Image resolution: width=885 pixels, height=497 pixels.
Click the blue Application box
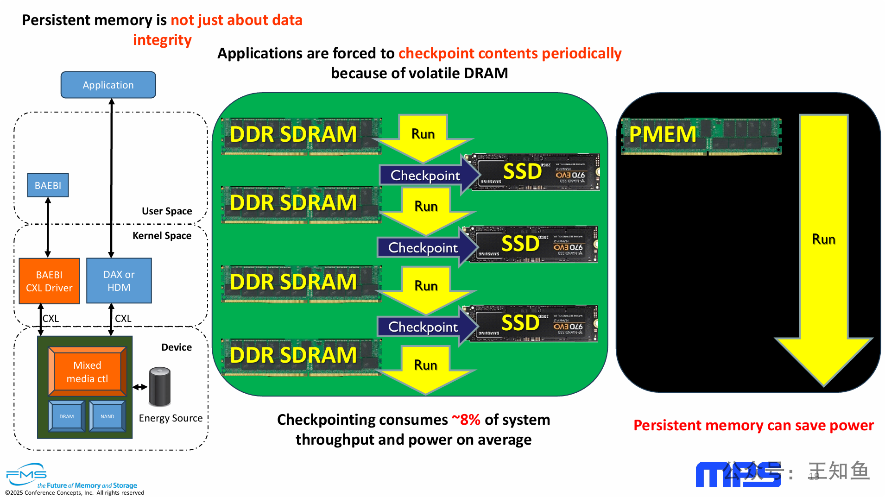point(108,85)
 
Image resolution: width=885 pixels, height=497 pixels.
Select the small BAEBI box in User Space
point(48,185)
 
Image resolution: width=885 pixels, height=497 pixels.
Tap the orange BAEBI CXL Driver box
point(49,281)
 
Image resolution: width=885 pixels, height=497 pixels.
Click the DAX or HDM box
point(119,281)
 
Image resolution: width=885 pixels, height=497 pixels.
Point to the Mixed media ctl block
point(87,371)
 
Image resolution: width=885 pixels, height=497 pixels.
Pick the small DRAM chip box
point(67,416)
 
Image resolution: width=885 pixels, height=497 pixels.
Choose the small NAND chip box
point(107,416)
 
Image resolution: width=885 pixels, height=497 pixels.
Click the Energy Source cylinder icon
point(160,386)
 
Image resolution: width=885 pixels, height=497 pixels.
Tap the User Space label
point(167,211)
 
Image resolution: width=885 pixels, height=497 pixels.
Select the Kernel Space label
point(162,236)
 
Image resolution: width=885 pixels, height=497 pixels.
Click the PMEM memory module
point(701,135)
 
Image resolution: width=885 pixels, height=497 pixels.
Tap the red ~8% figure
point(466,420)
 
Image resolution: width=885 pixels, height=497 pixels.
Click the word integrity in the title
point(162,40)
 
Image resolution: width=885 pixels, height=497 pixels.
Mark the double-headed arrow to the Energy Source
point(140,387)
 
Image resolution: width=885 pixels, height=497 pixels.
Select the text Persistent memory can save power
point(753,425)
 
